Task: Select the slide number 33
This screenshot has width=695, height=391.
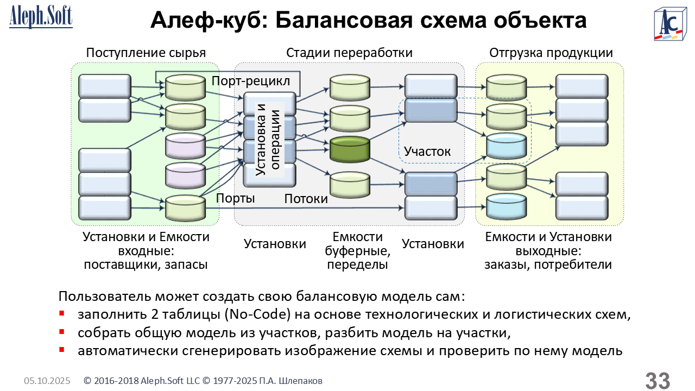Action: click(657, 381)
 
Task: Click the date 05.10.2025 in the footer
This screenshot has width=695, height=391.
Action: click(47, 381)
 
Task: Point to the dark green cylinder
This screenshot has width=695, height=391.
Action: click(350, 150)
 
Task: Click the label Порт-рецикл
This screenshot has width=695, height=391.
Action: click(251, 81)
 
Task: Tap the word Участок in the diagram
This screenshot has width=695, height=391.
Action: click(427, 151)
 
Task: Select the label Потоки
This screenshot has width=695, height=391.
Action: click(306, 199)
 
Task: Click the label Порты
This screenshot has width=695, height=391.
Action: click(236, 198)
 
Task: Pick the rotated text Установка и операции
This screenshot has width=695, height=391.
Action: click(268, 139)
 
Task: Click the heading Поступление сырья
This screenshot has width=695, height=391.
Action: click(146, 53)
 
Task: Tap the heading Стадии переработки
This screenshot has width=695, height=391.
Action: click(349, 53)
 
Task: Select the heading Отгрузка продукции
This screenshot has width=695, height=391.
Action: click(551, 53)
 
